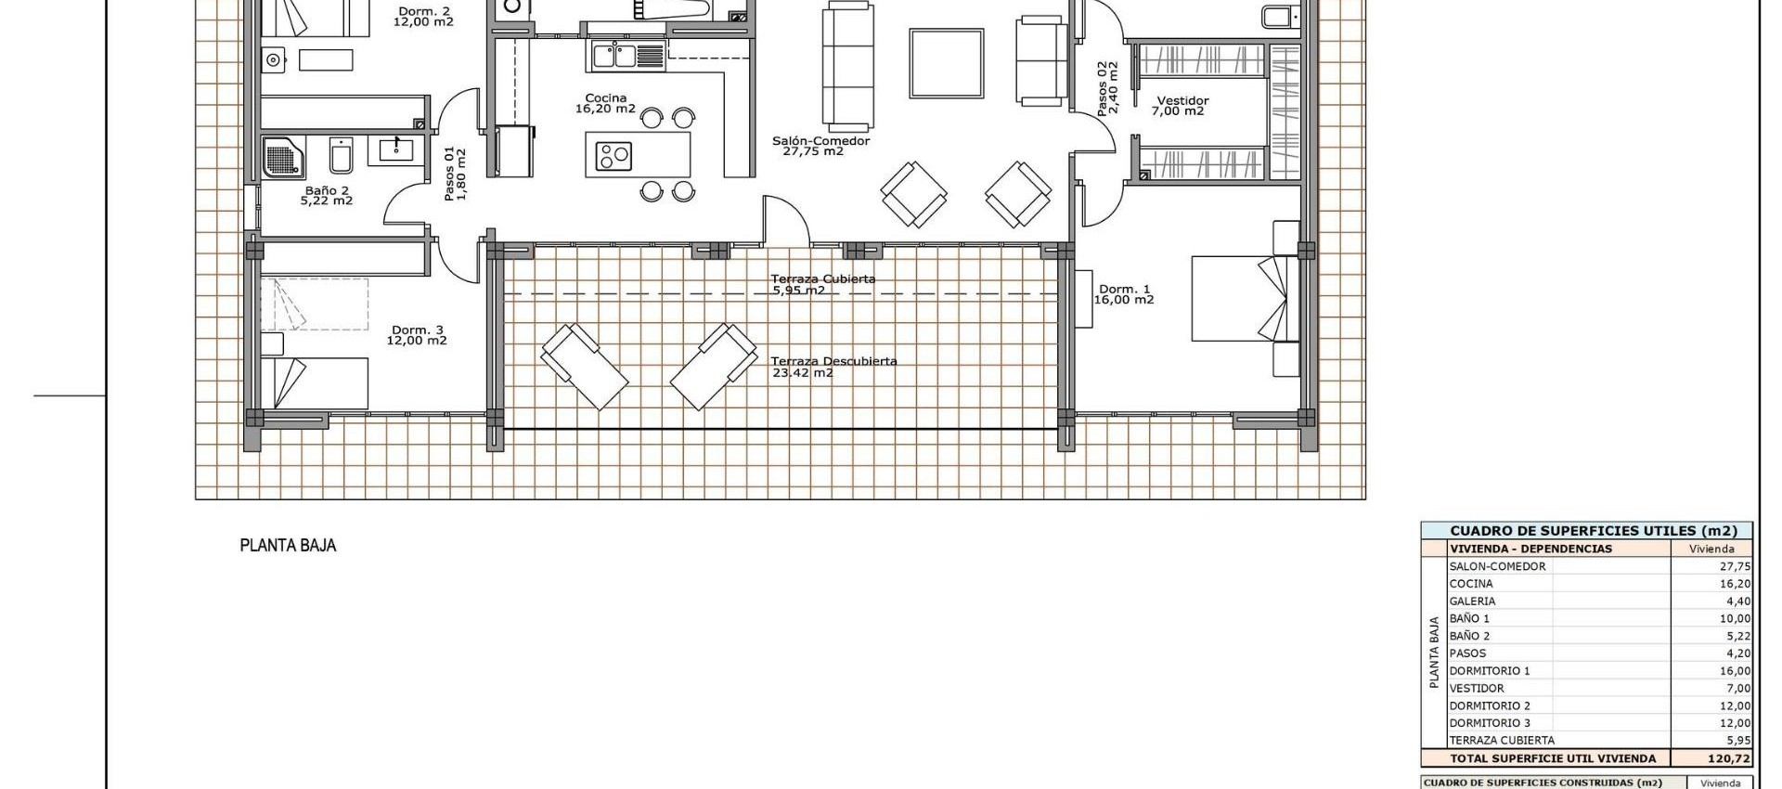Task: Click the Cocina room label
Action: (605, 98)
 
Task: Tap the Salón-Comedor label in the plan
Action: (820, 141)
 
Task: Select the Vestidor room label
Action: (1182, 101)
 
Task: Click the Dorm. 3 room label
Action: (417, 330)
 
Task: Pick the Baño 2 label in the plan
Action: (327, 190)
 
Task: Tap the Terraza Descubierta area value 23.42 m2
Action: (803, 373)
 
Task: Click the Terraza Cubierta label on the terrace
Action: (822, 278)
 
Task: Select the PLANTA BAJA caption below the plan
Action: (288, 546)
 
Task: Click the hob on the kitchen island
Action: (613, 154)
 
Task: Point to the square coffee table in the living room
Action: (946, 63)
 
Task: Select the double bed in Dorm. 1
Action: (1239, 299)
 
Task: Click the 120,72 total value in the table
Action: (1734, 758)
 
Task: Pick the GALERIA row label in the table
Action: (1472, 601)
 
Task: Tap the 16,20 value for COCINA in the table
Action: (1735, 584)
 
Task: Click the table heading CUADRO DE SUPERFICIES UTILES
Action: (1586, 531)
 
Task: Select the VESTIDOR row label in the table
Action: (1477, 689)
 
